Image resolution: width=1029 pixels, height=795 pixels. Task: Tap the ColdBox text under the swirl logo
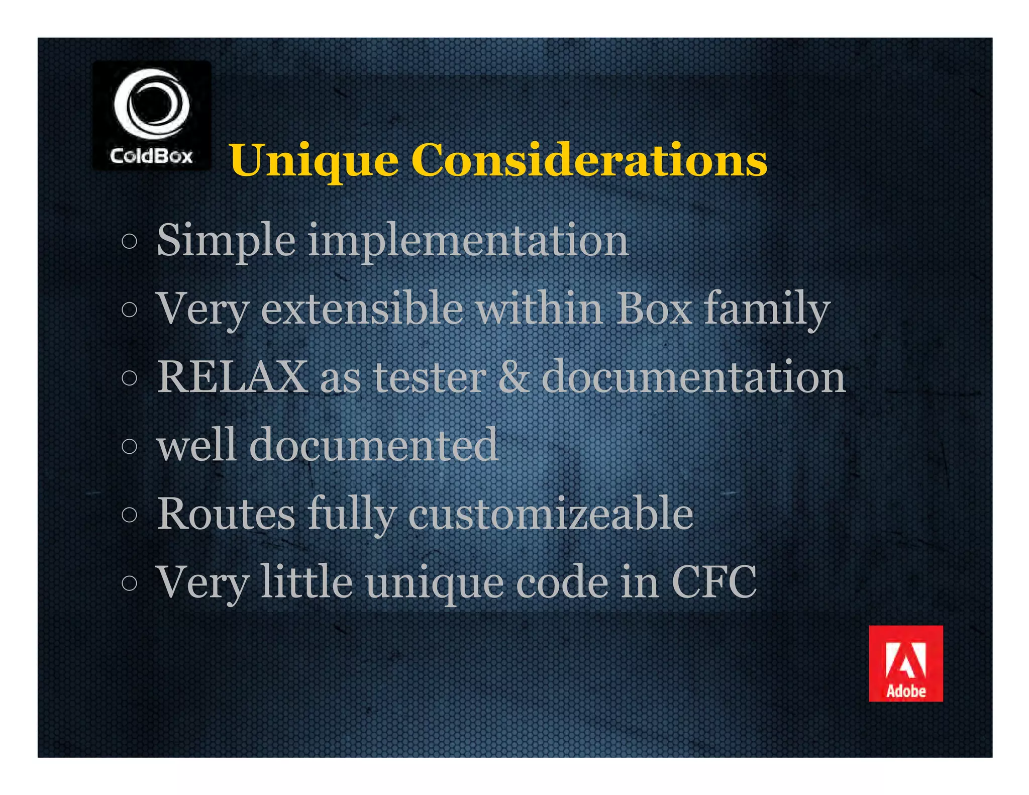point(151,156)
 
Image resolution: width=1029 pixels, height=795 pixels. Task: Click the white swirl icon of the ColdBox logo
point(151,104)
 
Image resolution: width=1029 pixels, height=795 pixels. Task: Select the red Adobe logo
point(905,663)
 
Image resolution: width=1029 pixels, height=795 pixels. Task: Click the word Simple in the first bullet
point(226,241)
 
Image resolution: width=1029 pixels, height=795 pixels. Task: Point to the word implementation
point(468,241)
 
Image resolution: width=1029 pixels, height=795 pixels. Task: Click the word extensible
point(362,309)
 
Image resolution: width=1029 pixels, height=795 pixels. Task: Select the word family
point(766,310)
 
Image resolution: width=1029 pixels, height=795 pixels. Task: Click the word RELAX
point(232,377)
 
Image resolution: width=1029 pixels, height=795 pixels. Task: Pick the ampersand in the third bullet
point(513,377)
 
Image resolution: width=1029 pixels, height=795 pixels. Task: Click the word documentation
point(693,377)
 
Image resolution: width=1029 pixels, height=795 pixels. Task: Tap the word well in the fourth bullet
point(196,445)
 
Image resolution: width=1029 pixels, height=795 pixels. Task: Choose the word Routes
point(226,514)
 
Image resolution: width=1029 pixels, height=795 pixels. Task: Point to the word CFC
point(713,582)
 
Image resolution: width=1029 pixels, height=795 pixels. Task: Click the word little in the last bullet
point(306,582)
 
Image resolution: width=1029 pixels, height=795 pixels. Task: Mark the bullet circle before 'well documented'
point(129,446)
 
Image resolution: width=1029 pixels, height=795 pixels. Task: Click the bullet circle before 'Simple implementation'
point(129,242)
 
